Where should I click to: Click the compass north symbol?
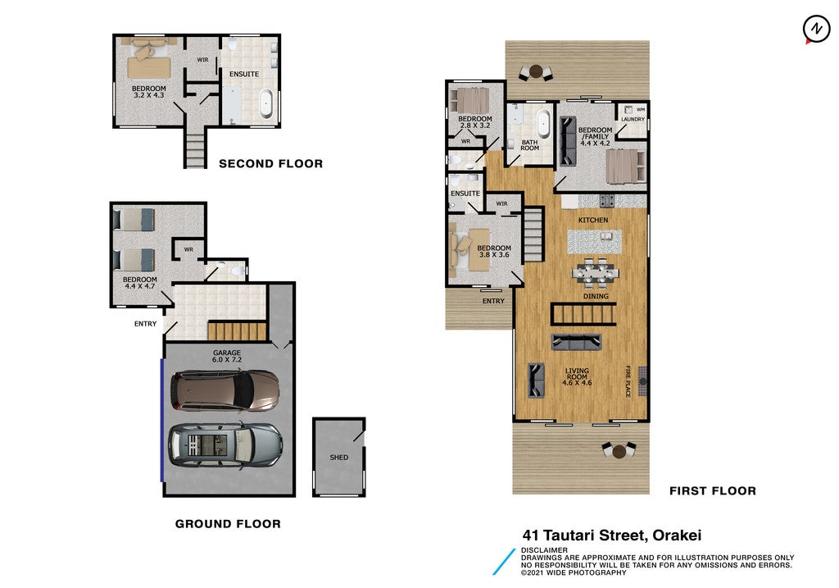(816, 29)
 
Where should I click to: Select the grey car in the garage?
(225, 445)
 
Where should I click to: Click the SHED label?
(338, 458)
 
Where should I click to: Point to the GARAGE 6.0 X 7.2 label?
(227, 356)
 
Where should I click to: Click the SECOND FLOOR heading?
(270, 164)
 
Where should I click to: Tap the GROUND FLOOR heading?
(228, 524)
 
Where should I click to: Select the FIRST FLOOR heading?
(713, 490)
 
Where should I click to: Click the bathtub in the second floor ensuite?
(266, 104)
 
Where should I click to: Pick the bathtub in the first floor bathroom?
(544, 124)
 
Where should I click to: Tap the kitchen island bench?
(594, 242)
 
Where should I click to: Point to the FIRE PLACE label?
(628, 381)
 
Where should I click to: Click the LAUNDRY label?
(633, 120)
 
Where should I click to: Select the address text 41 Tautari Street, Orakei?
(611, 535)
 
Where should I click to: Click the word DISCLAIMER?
(544, 550)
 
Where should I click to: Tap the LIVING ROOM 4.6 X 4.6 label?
(577, 376)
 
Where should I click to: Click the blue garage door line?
(162, 420)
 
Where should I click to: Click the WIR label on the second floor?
(202, 60)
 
